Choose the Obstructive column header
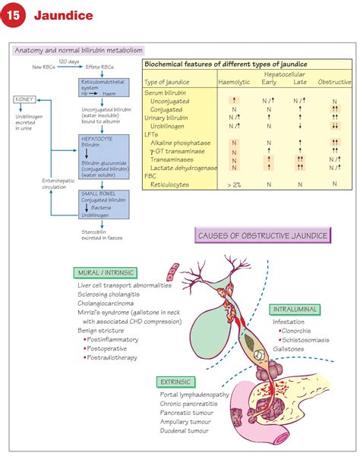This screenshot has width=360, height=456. [x=334, y=81]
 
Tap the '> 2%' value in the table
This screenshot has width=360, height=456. [x=235, y=184]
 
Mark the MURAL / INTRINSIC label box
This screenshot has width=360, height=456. [x=106, y=272]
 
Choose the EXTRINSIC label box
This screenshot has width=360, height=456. [x=175, y=382]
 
